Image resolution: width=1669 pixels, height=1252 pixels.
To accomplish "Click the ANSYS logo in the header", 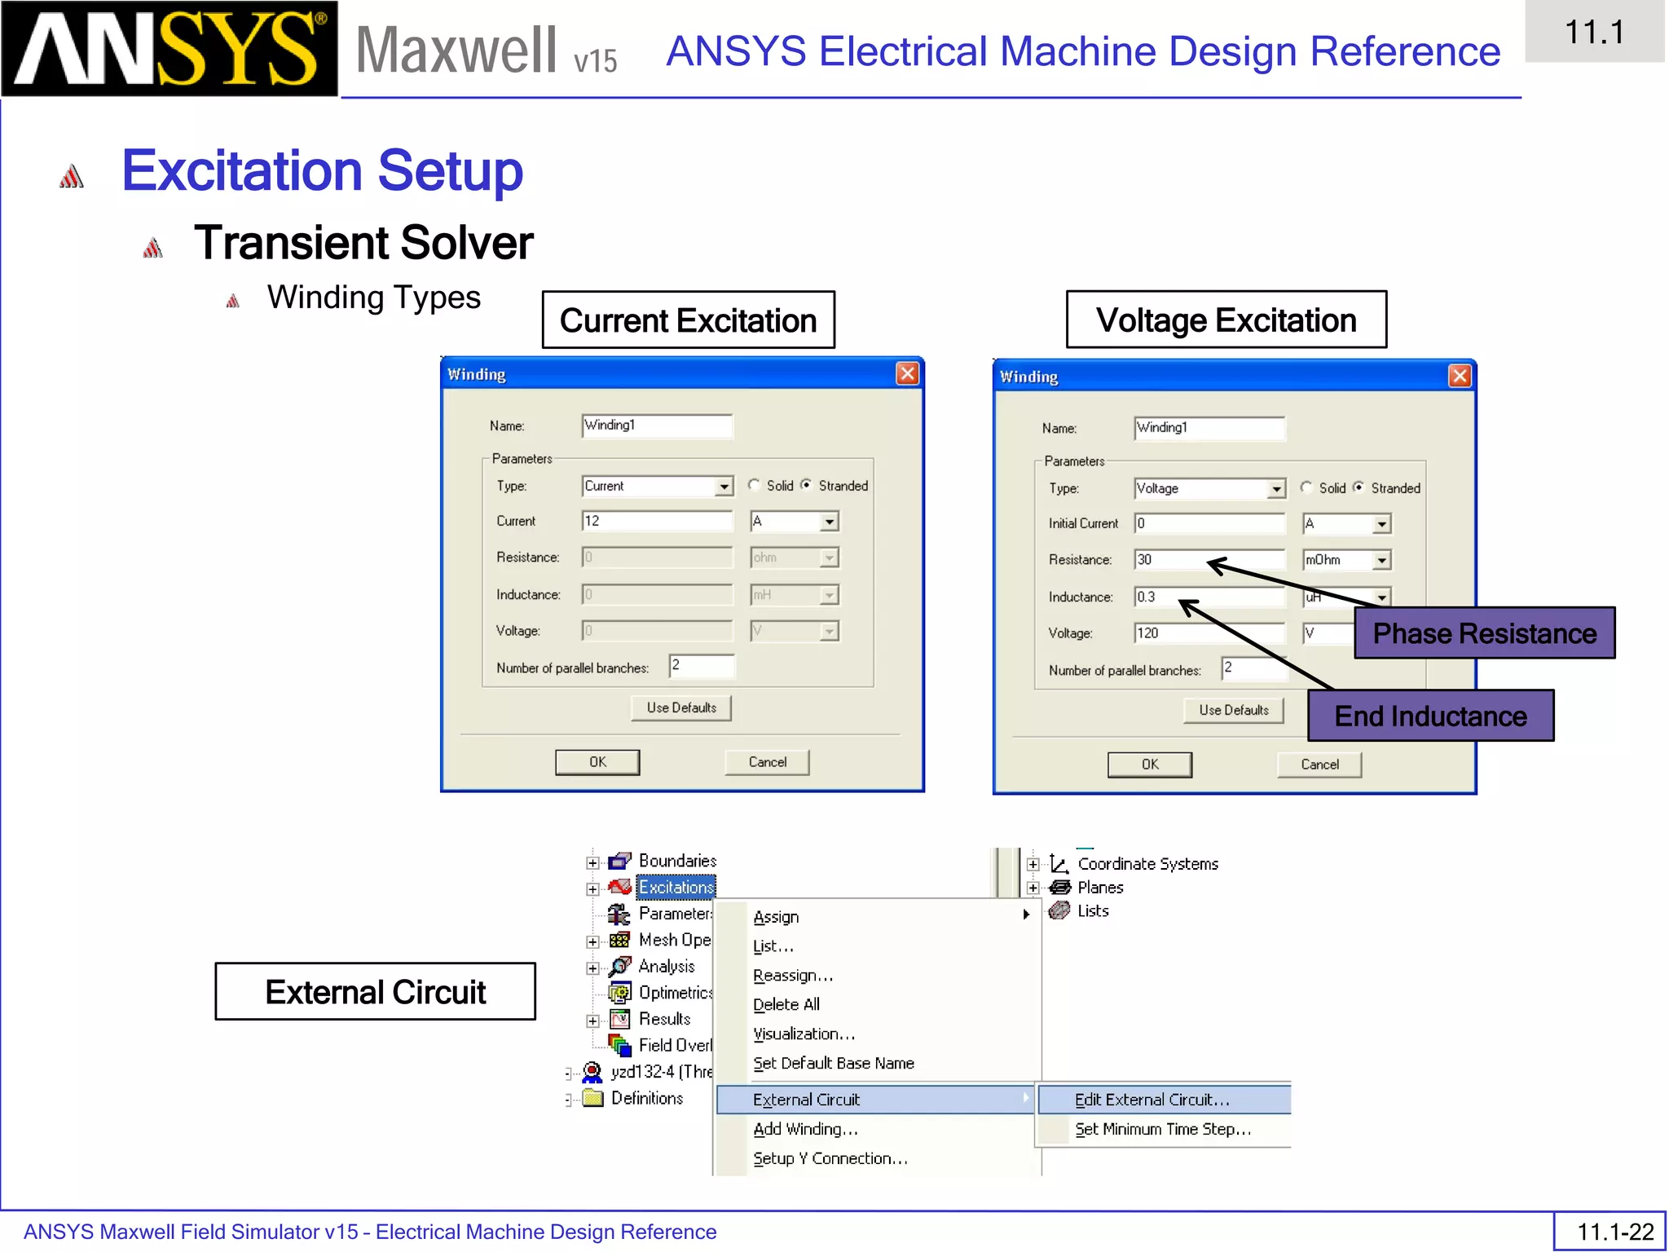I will (x=169, y=49).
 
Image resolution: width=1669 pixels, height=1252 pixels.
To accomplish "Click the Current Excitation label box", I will (x=688, y=320).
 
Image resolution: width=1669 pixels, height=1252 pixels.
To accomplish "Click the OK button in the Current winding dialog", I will (x=597, y=762).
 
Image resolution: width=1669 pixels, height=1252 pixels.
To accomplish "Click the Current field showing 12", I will (x=656, y=521).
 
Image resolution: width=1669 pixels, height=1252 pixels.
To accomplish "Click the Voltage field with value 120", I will (x=1209, y=633).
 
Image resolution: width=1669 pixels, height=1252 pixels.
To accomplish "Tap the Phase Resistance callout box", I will (x=1484, y=633).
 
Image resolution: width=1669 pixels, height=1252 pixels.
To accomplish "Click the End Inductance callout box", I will (x=1430, y=716).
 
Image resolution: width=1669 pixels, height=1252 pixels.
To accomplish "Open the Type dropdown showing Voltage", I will (x=1276, y=489).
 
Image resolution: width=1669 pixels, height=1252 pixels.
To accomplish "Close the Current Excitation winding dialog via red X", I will (x=907, y=374).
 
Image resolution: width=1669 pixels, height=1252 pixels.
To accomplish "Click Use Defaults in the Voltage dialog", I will (x=1233, y=710).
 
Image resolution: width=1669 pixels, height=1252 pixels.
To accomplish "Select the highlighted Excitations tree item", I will (x=676, y=887).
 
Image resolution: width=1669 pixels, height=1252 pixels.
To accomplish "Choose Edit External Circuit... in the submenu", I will (x=1152, y=1100).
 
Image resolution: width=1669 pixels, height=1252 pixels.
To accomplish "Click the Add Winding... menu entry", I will (x=805, y=1129).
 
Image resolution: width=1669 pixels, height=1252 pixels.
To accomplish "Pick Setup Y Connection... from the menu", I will (x=830, y=1158).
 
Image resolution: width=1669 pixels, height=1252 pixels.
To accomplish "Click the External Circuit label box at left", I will (x=375, y=992).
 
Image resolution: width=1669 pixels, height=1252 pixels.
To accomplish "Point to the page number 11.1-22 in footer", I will (x=1614, y=1232).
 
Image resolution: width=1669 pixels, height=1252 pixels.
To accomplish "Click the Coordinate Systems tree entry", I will (x=1147, y=864).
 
